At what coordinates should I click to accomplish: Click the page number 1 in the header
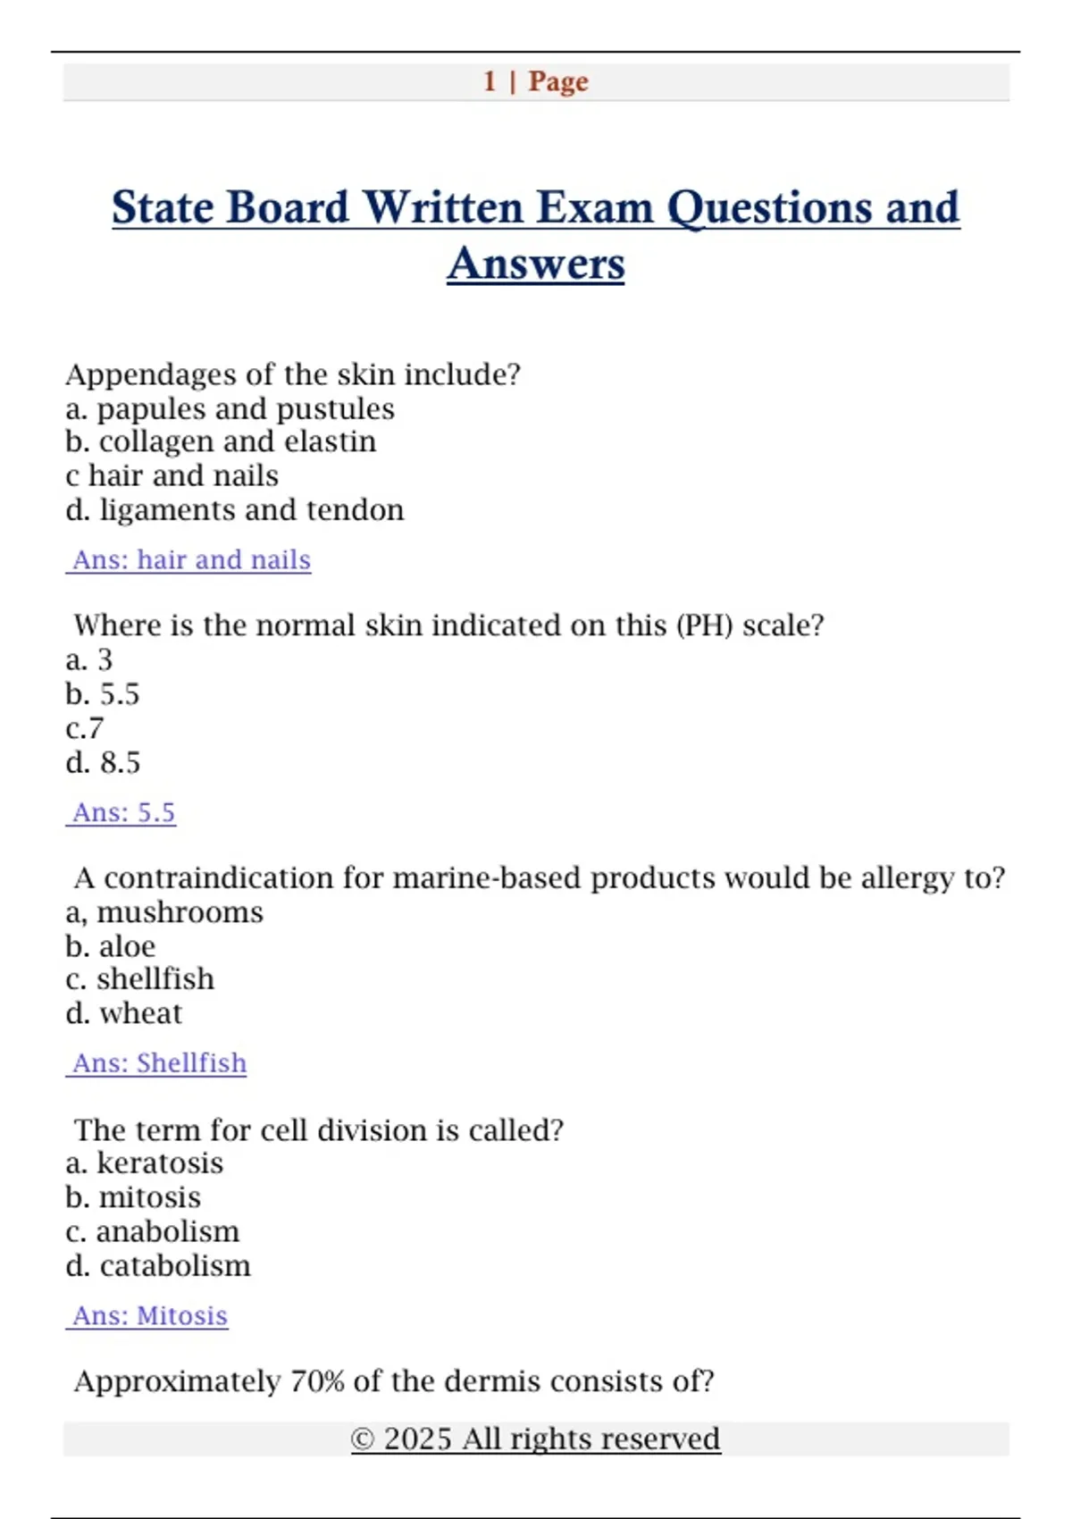coord(490,81)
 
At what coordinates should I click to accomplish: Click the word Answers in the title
coord(536,264)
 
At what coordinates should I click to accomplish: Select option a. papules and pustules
coord(230,409)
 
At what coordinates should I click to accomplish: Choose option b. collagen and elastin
coord(221,441)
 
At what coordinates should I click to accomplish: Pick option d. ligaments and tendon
coord(234,510)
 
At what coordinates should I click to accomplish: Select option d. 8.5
coord(103,763)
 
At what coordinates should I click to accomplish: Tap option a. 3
coord(89,660)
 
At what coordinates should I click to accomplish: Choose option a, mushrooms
coord(164,912)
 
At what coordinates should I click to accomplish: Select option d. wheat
coord(123,1013)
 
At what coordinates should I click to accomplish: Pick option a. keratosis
coord(144,1163)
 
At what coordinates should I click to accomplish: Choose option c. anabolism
coord(152,1232)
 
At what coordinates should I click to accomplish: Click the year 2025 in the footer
coord(417,1439)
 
